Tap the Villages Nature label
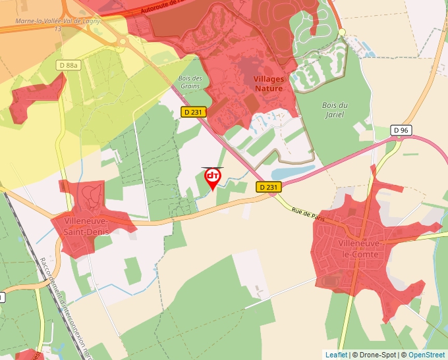(268, 84)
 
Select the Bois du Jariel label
(335, 109)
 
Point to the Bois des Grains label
(190, 82)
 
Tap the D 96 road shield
(401, 130)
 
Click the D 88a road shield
(68, 65)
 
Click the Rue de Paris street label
(308, 215)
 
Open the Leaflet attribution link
(336, 355)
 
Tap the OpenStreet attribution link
(426, 355)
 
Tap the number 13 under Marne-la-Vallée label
(58, 29)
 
